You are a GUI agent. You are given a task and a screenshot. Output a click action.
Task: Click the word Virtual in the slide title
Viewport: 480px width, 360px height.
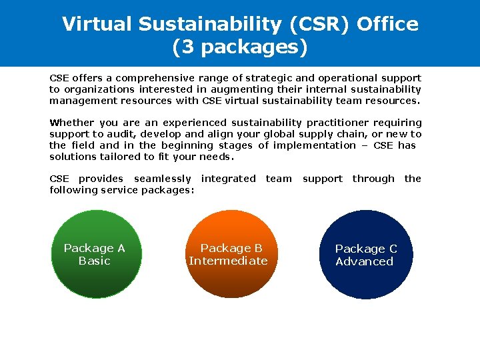point(97,24)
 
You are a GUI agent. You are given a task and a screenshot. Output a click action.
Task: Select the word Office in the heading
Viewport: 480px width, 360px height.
point(387,24)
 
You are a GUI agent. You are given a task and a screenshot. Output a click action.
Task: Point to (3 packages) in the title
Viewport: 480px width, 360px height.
point(240,48)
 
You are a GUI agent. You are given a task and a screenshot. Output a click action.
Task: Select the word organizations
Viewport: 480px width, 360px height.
point(97,89)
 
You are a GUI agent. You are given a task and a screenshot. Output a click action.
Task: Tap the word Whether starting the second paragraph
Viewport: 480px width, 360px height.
point(72,123)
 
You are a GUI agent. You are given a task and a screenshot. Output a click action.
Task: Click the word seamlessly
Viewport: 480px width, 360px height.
point(162,179)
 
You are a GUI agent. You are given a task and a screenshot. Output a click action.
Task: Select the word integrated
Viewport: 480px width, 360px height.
point(228,179)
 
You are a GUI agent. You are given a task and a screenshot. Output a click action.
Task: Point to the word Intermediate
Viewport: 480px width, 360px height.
point(228,261)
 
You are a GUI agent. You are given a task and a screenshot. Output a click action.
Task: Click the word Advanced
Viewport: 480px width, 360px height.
point(365,261)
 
